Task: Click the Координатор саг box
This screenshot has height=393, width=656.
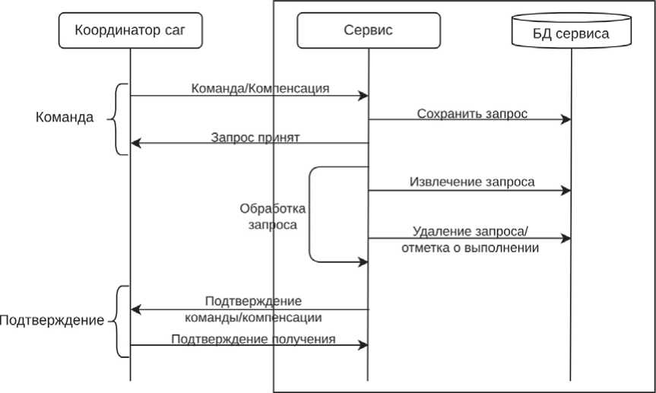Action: point(129,30)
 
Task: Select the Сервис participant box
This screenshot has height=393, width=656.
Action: point(368,30)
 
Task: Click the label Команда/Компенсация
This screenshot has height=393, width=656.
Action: point(260,87)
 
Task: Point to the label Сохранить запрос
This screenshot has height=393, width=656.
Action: point(471,113)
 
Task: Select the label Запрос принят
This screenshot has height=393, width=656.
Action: point(255,138)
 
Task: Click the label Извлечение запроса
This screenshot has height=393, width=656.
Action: point(471,182)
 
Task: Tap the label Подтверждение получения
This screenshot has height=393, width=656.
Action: point(254,339)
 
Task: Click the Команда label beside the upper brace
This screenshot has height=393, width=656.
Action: point(65,118)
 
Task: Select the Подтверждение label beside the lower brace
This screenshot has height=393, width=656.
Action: point(52,320)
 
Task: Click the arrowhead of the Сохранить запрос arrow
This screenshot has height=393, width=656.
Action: point(566,119)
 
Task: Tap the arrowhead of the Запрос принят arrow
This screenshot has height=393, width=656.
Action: point(135,143)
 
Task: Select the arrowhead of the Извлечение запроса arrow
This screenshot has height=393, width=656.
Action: point(566,191)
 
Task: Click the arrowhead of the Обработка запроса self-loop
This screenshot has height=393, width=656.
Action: point(363,262)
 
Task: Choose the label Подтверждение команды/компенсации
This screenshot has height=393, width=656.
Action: point(254,309)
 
